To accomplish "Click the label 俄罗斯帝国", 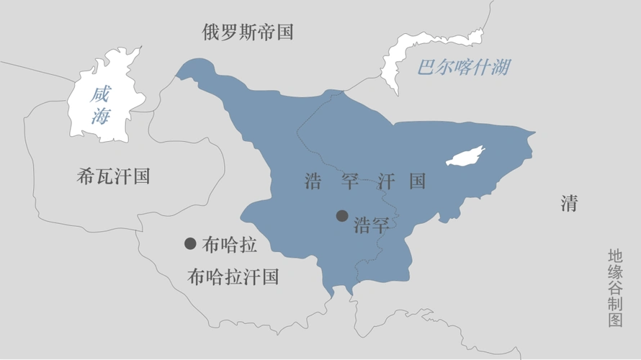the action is click(247, 32).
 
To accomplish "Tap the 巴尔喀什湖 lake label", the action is click(464, 68).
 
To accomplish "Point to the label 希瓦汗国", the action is click(113, 176).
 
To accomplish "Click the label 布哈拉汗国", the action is click(232, 276).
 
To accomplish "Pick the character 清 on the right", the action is click(569, 204).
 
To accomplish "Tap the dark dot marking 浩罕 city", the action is click(342, 215).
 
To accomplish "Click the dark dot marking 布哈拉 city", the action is click(190, 243).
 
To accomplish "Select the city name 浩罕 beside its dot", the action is click(372, 225).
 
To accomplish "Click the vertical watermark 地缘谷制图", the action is click(614, 288).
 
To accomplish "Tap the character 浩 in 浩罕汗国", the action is click(313, 181).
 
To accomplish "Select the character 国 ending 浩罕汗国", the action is click(418, 181).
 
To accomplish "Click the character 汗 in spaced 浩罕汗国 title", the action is click(383, 181).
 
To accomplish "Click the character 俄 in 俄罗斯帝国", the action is click(210, 32).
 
